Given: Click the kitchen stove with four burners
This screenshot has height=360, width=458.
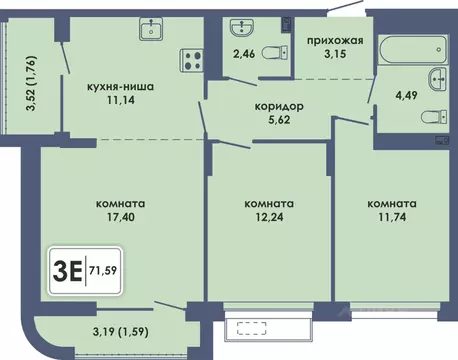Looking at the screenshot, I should pos(190,60).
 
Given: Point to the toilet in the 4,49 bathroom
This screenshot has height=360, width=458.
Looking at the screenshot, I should pos(438,114).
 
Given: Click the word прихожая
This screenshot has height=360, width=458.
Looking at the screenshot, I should pos(327,41).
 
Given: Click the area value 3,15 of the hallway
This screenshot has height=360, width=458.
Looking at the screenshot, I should pos(327,56).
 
